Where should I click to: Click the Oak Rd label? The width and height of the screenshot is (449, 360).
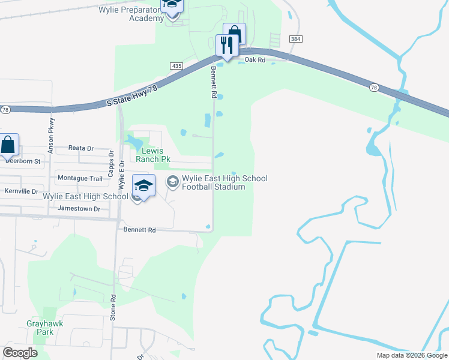coord(255,60)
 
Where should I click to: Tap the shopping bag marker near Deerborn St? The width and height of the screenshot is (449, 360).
coord(8,145)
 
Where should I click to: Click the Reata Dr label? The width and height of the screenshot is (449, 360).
coord(82,148)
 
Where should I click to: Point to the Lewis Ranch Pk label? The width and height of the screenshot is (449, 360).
coord(149,155)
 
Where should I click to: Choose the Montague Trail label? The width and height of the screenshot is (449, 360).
coord(80,178)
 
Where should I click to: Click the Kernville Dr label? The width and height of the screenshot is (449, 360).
coord(21,191)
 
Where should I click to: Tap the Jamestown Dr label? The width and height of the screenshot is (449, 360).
coord(79,208)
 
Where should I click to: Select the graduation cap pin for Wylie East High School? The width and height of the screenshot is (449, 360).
coord(144,186)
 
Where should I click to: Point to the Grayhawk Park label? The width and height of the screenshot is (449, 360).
coord(44,327)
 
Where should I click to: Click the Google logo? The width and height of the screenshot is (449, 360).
coord(20,353)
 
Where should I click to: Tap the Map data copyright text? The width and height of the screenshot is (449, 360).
coord(412,355)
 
